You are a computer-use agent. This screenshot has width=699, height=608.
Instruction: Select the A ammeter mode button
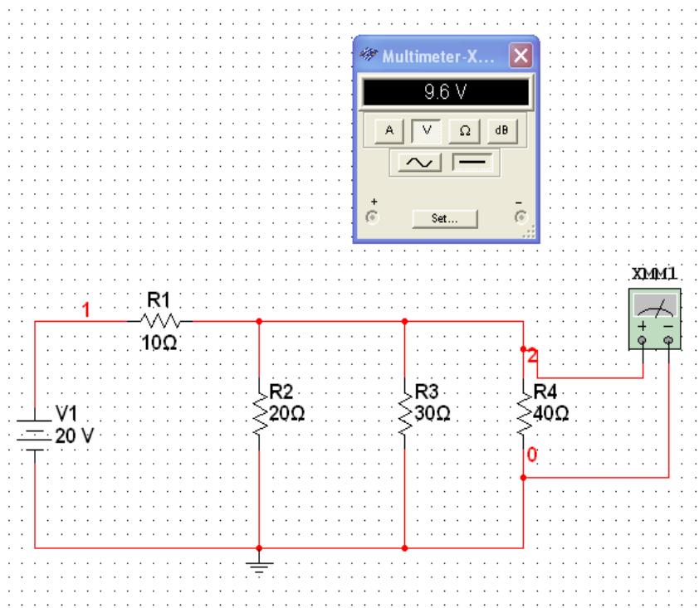(391, 131)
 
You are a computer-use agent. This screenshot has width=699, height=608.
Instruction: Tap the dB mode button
(501, 131)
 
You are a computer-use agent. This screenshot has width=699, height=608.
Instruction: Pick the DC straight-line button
(471, 162)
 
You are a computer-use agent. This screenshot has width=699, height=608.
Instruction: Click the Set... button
(445, 219)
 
